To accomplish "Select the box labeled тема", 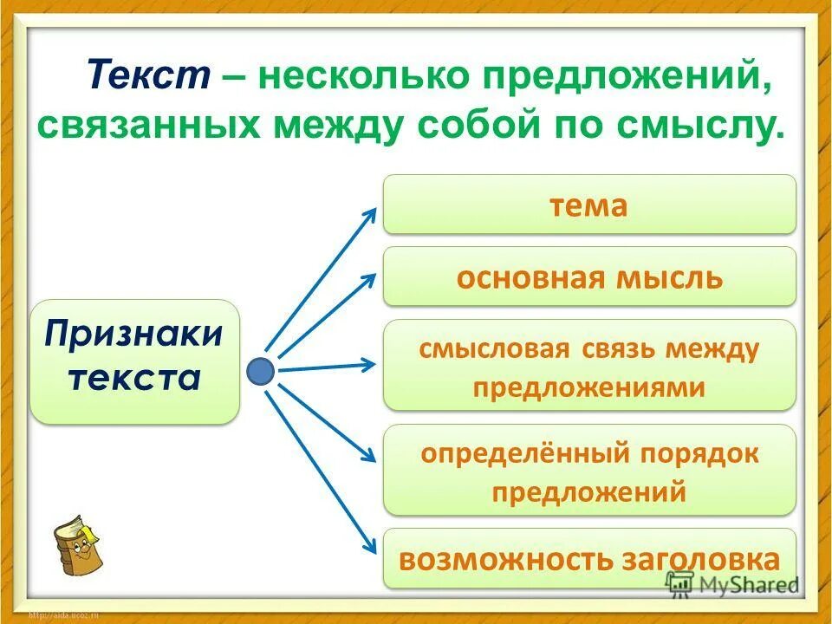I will pyautogui.click(x=588, y=205).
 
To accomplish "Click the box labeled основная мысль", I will pyautogui.click(x=588, y=276).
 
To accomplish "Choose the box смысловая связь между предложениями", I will pyautogui.click(x=588, y=365).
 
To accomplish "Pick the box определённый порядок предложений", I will pyautogui.click(x=588, y=471).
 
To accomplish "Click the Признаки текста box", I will pyautogui.click(x=134, y=361).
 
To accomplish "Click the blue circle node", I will pyautogui.click(x=261, y=372).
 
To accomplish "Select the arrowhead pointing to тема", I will pyautogui.click(x=371, y=211).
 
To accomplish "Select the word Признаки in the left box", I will pyautogui.click(x=134, y=334).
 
